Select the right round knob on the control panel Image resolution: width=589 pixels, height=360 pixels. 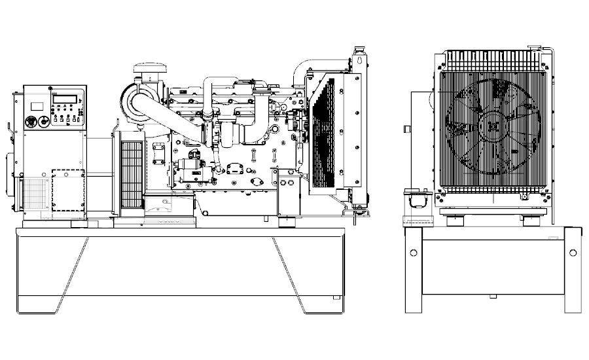(43, 120)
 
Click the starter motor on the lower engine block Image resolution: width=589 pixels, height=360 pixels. (194, 174)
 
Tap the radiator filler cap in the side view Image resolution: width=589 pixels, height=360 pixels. (359, 50)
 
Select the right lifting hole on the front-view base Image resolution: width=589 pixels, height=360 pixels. (573, 253)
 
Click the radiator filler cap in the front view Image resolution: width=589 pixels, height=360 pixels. (531, 47)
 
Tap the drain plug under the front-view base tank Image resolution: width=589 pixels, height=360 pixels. (492, 296)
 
